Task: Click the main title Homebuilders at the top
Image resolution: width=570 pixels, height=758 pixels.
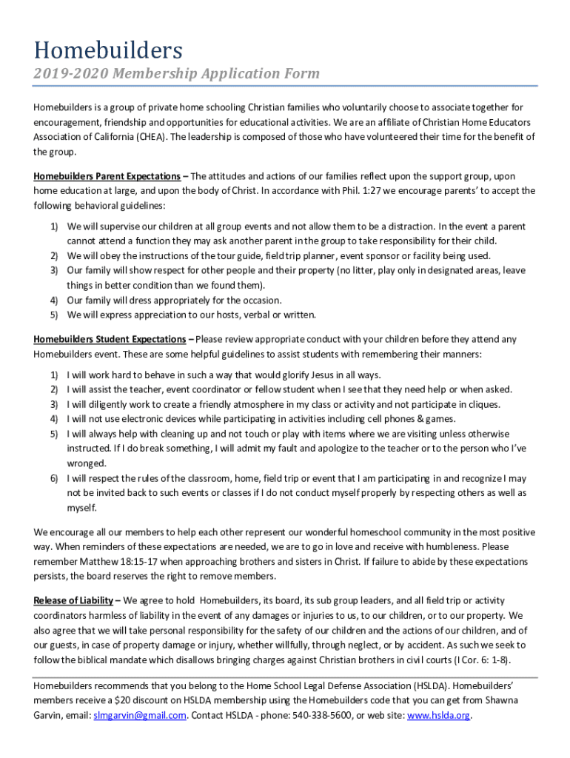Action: pyautogui.click(x=107, y=50)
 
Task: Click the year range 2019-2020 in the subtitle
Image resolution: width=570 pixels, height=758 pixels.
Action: pyautogui.click(x=65, y=73)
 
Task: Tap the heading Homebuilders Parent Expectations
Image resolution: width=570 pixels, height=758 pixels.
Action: pyautogui.click(x=107, y=176)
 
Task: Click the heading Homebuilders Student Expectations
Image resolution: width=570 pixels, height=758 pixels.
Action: pyautogui.click(x=110, y=339)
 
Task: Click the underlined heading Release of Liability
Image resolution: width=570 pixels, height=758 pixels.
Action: pyautogui.click(x=73, y=600)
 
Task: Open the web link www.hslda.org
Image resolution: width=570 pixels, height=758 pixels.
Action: pyautogui.click(x=439, y=716)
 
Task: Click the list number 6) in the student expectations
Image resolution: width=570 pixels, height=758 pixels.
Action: pyautogui.click(x=54, y=478)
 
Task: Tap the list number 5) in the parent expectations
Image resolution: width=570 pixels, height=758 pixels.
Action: pyautogui.click(x=54, y=315)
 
